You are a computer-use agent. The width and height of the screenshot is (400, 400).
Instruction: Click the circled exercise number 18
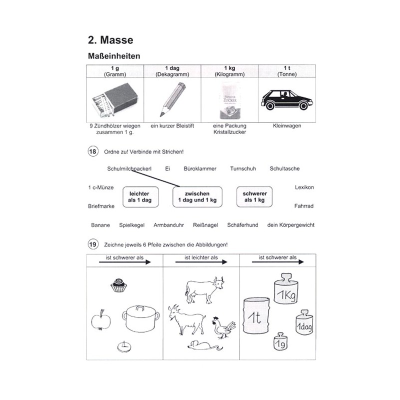pyautogui.click(x=92, y=151)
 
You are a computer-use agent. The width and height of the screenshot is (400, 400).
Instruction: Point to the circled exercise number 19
pyautogui.click(x=92, y=244)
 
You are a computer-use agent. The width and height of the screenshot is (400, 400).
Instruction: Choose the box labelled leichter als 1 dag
pyautogui.click(x=140, y=196)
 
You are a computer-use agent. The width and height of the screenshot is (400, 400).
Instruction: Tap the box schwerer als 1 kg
pyautogui.click(x=254, y=196)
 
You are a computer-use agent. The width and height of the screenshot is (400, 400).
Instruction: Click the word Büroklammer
pyautogui.click(x=200, y=169)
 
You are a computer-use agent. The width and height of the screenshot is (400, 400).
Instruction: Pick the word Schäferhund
pyautogui.click(x=242, y=225)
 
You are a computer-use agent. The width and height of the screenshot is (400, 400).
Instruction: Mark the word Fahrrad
pyautogui.click(x=304, y=205)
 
